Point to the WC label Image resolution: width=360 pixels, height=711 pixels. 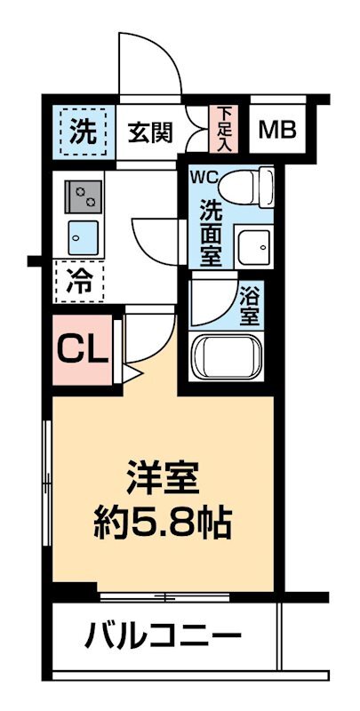click(202, 175)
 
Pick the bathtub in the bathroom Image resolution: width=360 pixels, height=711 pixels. click(228, 358)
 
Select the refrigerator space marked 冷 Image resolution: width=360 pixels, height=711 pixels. click(80, 284)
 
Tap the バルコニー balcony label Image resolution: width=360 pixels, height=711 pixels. click(164, 636)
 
